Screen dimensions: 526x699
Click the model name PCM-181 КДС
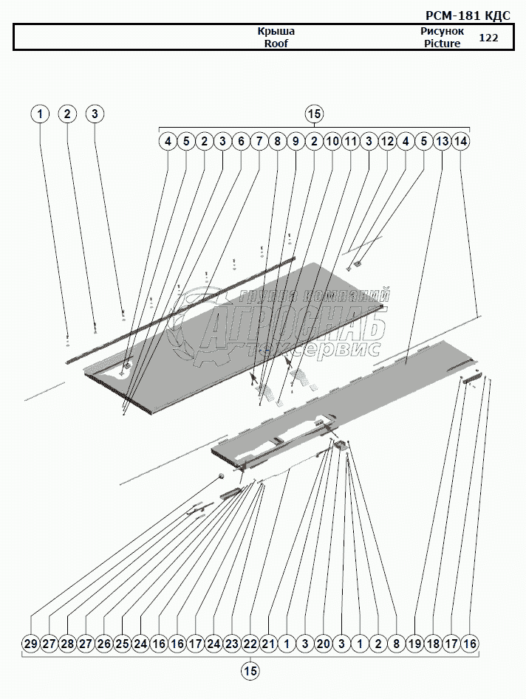tap(468, 16)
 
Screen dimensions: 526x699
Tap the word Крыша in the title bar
tap(276, 32)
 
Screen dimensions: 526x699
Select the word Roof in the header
tap(276, 44)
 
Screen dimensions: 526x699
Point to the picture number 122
tap(488, 38)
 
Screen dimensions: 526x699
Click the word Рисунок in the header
tap(442, 32)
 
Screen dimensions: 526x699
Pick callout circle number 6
tap(241, 141)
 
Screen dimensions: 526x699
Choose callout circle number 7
tap(259, 141)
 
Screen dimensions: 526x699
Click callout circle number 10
tap(332, 141)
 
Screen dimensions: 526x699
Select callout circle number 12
tap(387, 141)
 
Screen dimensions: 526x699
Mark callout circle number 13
tap(442, 141)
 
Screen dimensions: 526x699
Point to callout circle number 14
tap(460, 141)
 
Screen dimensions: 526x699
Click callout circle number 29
tap(31, 644)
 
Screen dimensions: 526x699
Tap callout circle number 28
tap(67, 644)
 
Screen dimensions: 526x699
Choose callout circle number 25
tap(122, 644)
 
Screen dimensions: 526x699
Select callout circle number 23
tap(232, 644)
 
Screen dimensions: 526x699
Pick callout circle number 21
tap(268, 644)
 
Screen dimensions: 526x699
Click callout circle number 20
tap(323, 644)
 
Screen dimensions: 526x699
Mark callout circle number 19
tap(414, 644)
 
